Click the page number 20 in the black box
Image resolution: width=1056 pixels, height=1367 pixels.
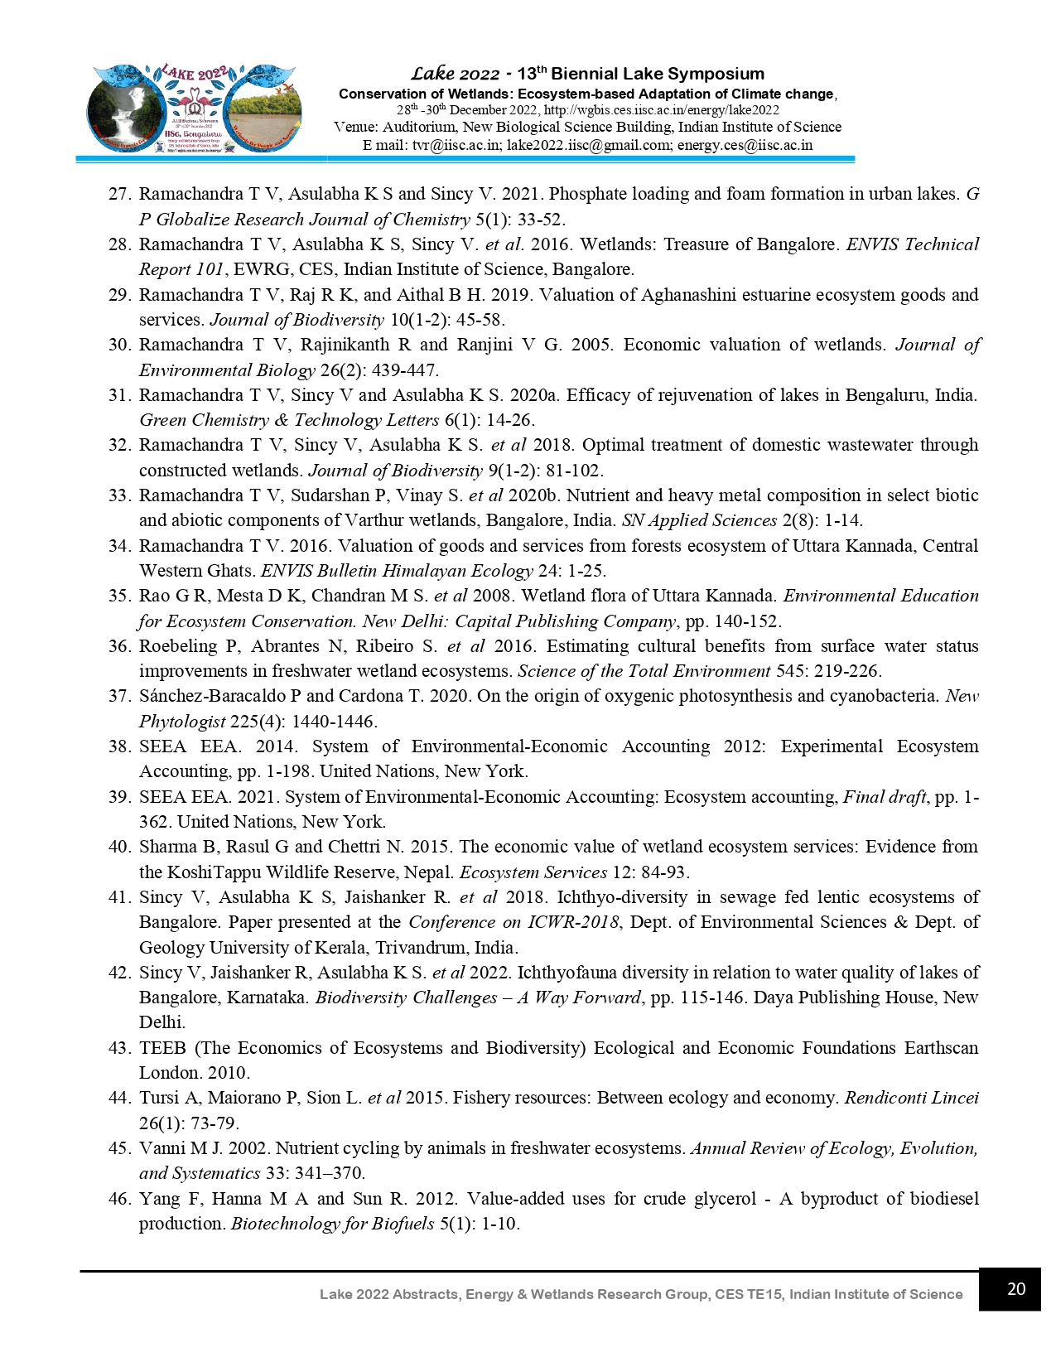(1016, 1289)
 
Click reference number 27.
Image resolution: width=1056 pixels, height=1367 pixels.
(120, 194)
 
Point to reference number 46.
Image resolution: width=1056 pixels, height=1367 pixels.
(120, 1199)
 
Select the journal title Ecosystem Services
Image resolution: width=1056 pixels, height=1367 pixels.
(533, 872)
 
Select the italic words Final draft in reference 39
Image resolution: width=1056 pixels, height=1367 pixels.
(884, 797)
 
